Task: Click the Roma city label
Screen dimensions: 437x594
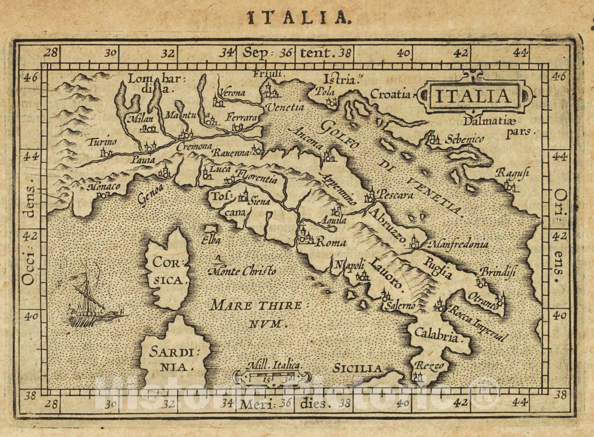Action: (330, 243)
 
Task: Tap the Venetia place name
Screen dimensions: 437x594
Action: (285, 108)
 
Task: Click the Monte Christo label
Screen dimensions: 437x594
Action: (243, 271)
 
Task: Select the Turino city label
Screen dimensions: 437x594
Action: (102, 142)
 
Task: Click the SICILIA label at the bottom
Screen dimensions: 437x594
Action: (357, 369)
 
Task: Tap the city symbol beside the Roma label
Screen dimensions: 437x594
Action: (304, 236)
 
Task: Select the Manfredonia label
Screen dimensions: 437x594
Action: (458, 245)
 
